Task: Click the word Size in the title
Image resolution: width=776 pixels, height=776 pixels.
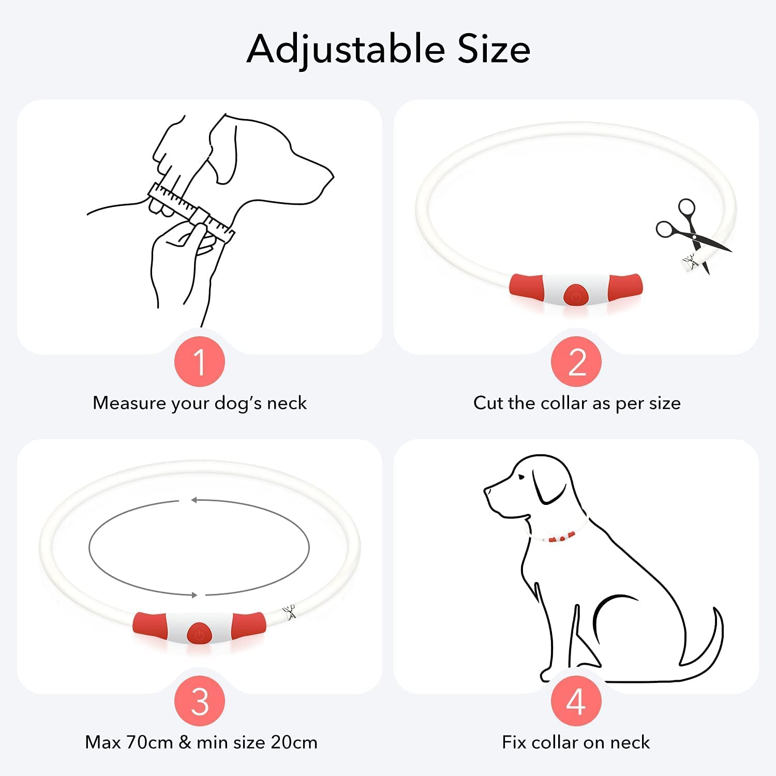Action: [x=494, y=49]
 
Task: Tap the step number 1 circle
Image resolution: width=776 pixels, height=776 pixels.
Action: [x=200, y=362]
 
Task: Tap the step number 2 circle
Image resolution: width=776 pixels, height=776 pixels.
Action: [x=576, y=362]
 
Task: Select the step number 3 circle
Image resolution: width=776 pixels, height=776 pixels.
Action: [x=200, y=701]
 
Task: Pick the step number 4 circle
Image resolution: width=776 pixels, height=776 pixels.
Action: [x=576, y=701]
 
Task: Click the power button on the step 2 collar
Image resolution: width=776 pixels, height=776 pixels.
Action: [x=576, y=296]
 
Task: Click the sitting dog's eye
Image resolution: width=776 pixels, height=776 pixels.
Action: [x=519, y=476]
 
